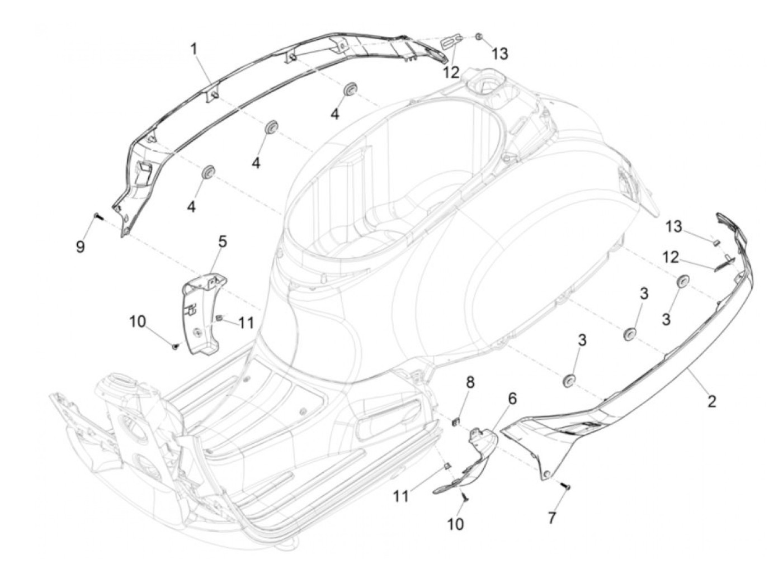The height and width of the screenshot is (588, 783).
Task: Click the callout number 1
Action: (194, 49)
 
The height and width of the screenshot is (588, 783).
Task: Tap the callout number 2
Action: (711, 401)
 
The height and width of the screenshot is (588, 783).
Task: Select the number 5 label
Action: (222, 242)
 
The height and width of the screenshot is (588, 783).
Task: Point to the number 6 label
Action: (512, 399)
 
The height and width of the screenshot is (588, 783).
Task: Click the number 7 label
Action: (552, 518)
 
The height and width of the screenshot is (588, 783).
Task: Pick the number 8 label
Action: (470, 382)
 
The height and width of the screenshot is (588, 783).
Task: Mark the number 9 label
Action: (81, 246)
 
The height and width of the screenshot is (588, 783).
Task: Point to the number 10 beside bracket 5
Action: (138, 321)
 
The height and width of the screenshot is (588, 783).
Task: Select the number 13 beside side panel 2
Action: (674, 226)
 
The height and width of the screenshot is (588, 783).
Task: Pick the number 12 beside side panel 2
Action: (671, 258)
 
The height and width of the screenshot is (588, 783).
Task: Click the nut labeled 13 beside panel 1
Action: (479, 37)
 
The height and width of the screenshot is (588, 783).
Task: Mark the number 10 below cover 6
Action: (455, 524)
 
